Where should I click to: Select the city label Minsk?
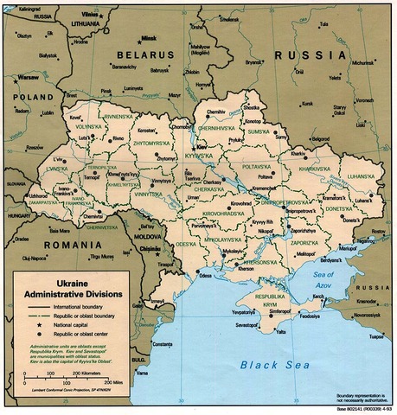[x=150, y=38]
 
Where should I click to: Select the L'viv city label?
[x=57, y=160]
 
